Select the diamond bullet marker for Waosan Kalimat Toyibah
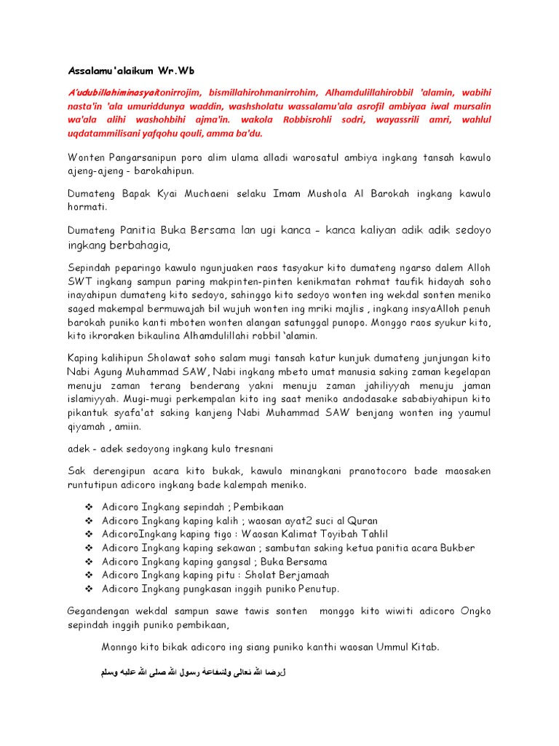tap(90, 534)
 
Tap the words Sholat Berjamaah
tap(291, 575)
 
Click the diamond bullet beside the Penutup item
tap(90, 589)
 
